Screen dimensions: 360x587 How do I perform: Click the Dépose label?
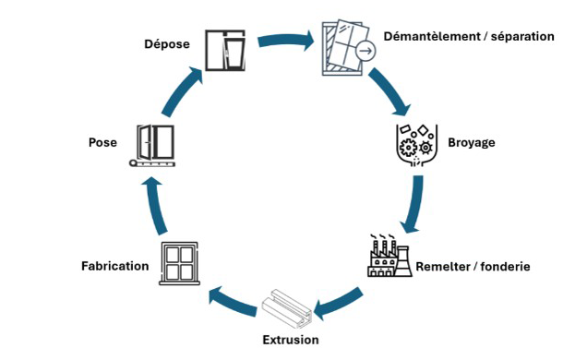click(x=168, y=43)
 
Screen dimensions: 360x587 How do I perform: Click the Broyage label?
click(x=472, y=143)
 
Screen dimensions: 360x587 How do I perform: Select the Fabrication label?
click(x=114, y=266)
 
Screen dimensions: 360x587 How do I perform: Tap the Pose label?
click(x=102, y=142)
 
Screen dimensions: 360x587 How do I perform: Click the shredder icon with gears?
click(x=413, y=144)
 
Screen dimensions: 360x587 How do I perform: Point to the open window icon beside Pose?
click(x=155, y=145)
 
